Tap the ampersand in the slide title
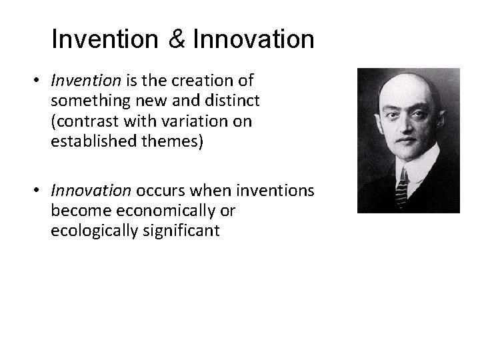click(177, 39)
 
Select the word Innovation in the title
click(253, 39)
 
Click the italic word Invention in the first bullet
click(85, 81)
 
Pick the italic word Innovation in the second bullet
click(91, 191)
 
